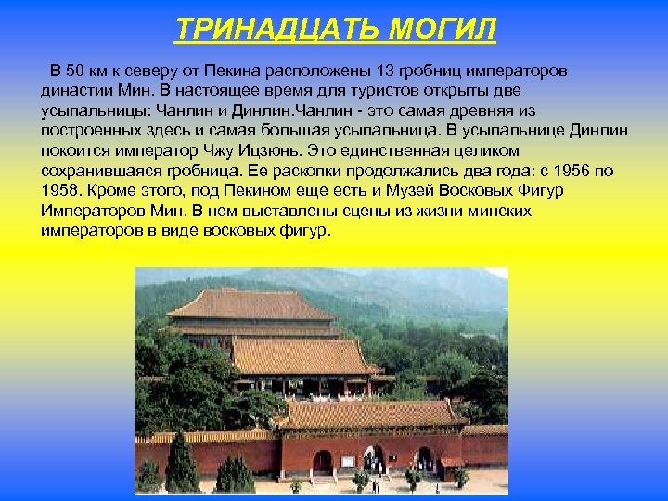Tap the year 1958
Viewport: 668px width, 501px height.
[x=59, y=191]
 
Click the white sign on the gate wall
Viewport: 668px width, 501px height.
[x=347, y=461]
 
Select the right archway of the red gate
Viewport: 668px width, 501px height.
[x=424, y=459]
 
